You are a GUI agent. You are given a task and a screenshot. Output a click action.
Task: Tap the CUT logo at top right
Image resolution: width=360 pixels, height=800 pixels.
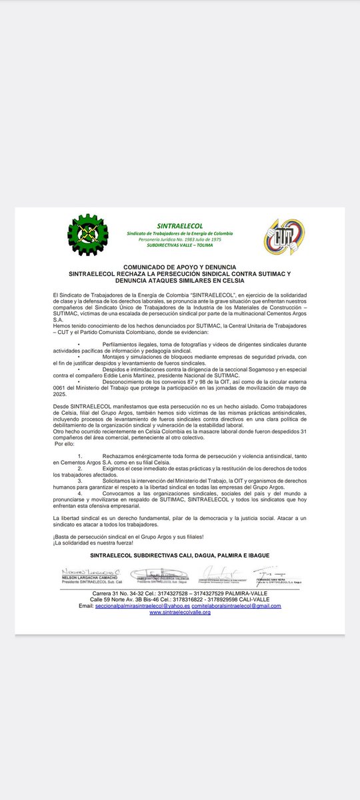pos(283,236)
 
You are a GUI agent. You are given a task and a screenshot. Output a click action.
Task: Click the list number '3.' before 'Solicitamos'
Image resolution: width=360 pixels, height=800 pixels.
pos(80,479)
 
